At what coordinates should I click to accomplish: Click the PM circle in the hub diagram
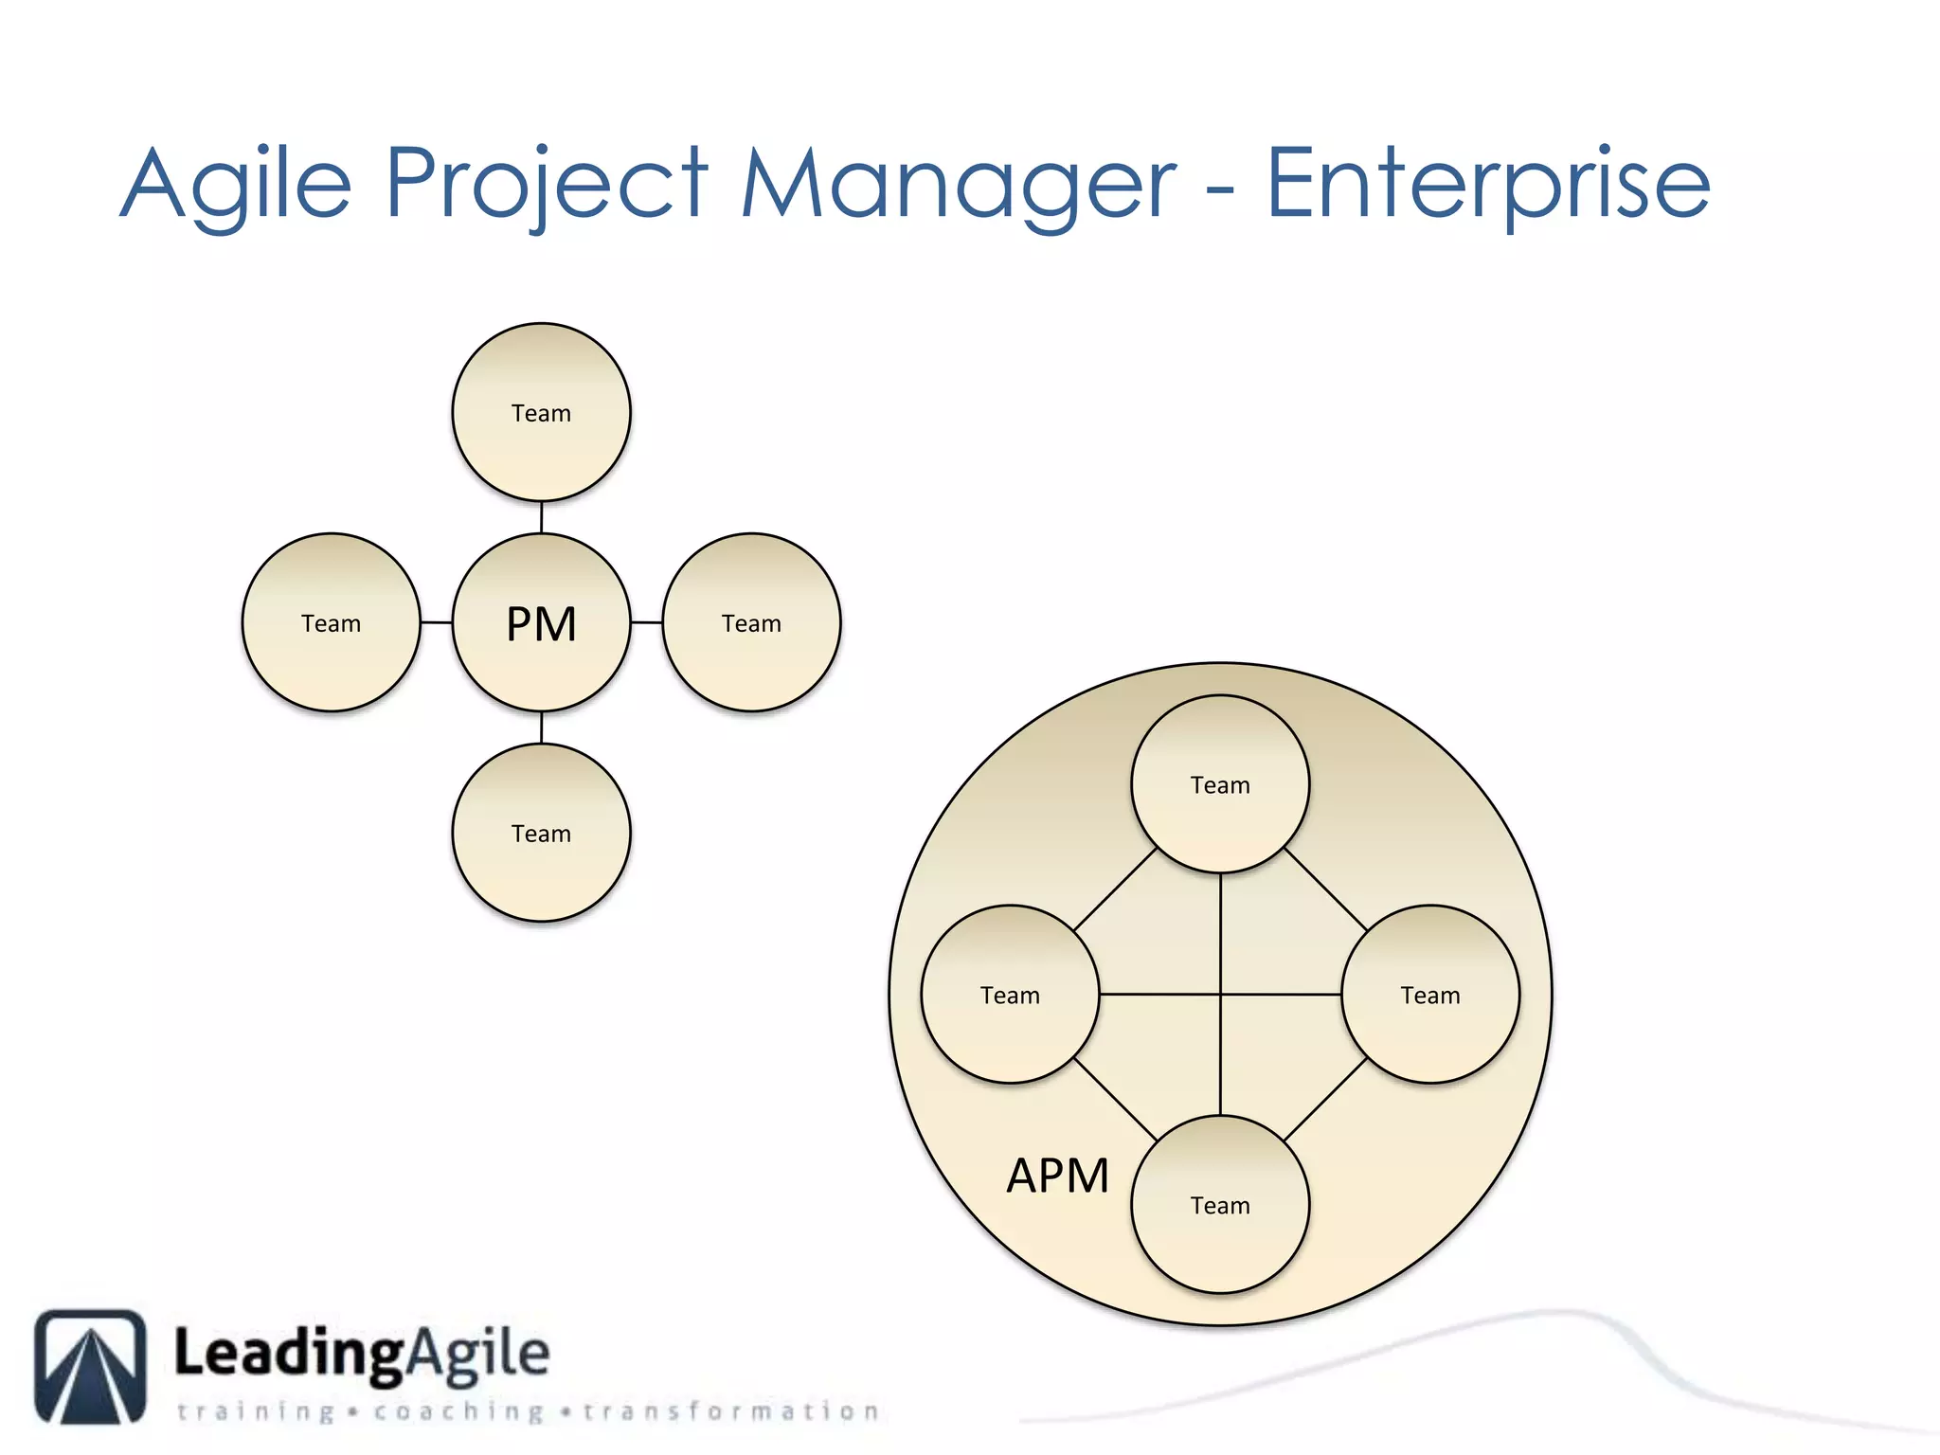click(541, 622)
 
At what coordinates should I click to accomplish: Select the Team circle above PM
click(541, 412)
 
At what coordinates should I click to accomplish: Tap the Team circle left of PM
click(331, 622)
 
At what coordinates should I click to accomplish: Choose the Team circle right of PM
click(751, 622)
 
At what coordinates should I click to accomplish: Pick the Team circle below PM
click(541, 833)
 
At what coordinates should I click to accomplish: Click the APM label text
click(1057, 1176)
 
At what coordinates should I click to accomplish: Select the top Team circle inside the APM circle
click(1220, 784)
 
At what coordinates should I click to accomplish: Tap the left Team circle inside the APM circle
click(1010, 995)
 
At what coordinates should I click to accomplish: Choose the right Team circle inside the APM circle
click(1430, 995)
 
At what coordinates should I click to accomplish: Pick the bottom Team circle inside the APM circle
click(1220, 1205)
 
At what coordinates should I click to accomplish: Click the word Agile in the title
click(237, 185)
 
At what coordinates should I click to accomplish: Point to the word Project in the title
click(547, 185)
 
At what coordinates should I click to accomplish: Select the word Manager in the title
click(957, 185)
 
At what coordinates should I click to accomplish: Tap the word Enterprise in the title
click(1487, 185)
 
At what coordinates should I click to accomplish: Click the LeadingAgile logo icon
click(91, 1366)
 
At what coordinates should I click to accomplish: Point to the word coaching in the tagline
click(458, 1411)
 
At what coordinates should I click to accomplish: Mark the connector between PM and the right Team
click(646, 622)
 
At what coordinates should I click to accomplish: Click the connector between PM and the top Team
click(541, 517)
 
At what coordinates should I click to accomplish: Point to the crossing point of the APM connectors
click(1220, 995)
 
